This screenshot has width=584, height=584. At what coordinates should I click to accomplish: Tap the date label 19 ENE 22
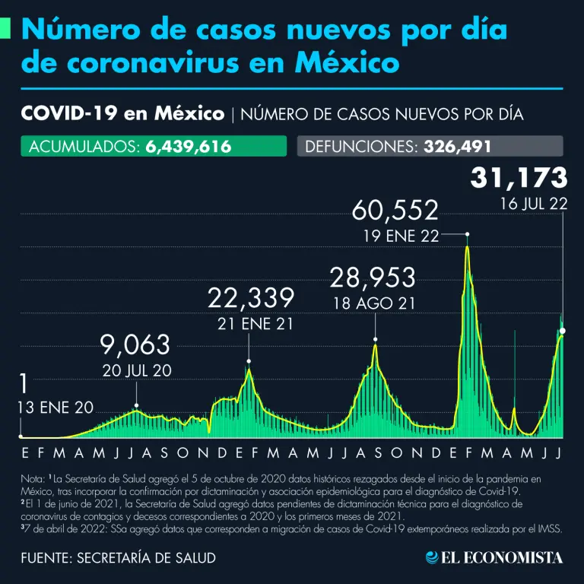tap(402, 236)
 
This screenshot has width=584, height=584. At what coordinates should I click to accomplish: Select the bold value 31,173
tap(519, 178)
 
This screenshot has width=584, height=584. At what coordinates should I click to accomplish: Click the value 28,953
tap(373, 278)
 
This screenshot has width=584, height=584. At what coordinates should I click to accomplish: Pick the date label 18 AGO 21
tap(373, 303)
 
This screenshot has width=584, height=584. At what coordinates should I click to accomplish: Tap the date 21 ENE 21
tap(251, 323)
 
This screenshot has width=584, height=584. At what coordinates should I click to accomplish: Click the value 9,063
tap(135, 345)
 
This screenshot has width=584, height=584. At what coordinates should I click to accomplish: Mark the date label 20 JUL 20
tap(136, 371)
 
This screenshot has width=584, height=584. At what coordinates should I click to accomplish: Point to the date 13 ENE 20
tap(56, 408)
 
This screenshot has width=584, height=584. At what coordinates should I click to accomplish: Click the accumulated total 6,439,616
tap(187, 146)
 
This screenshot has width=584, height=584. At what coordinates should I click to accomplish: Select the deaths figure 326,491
tap(453, 146)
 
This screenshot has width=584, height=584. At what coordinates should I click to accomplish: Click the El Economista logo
tap(494, 557)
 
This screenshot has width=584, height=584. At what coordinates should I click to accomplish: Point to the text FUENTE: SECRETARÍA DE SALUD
tap(118, 557)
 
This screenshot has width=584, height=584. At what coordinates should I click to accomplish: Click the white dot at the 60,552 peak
tap(467, 235)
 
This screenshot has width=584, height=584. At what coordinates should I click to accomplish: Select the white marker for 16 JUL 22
tap(563, 330)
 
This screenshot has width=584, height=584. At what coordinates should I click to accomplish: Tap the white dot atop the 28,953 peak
tap(375, 339)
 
